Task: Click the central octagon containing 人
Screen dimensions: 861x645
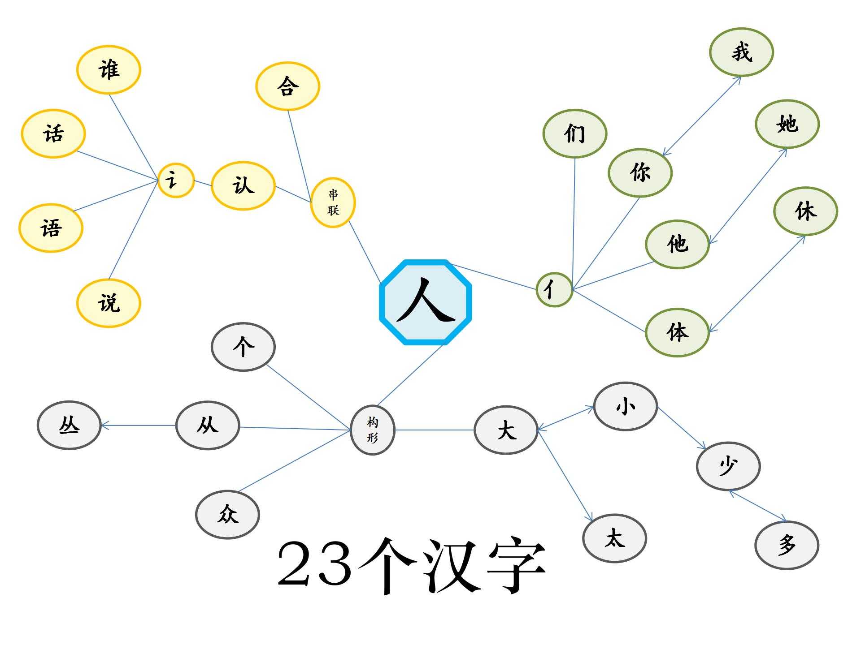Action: pyautogui.click(x=426, y=302)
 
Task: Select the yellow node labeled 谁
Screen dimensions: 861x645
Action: pyautogui.click(x=109, y=70)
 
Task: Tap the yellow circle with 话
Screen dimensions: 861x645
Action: pyautogui.click(x=53, y=133)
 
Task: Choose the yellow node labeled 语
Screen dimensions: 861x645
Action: pyautogui.click(x=51, y=228)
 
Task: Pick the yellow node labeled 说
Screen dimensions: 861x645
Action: pyautogui.click(x=109, y=303)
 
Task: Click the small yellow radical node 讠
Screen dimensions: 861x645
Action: pyautogui.click(x=176, y=180)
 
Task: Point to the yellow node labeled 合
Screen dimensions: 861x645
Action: pyautogui.click(x=287, y=86)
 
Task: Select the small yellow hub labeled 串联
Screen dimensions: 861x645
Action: pyautogui.click(x=333, y=202)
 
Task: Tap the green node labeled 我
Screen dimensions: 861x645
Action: pyautogui.click(x=741, y=52)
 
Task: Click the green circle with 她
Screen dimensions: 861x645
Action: pyautogui.click(x=787, y=124)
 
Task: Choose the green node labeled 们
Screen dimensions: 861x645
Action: pyautogui.click(x=574, y=133)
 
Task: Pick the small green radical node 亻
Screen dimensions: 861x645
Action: pyautogui.click(x=554, y=289)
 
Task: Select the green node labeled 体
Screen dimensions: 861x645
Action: pyautogui.click(x=677, y=332)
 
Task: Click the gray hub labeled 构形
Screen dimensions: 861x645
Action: pyautogui.click(x=372, y=430)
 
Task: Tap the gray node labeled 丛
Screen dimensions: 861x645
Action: pyautogui.click(x=69, y=425)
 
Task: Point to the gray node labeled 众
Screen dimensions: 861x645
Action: pyautogui.click(x=227, y=514)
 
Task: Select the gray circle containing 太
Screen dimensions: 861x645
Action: pyautogui.click(x=614, y=538)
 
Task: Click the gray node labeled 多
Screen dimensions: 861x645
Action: pyautogui.click(x=787, y=545)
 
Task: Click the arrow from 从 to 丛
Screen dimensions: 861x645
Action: pyautogui.click(x=139, y=426)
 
